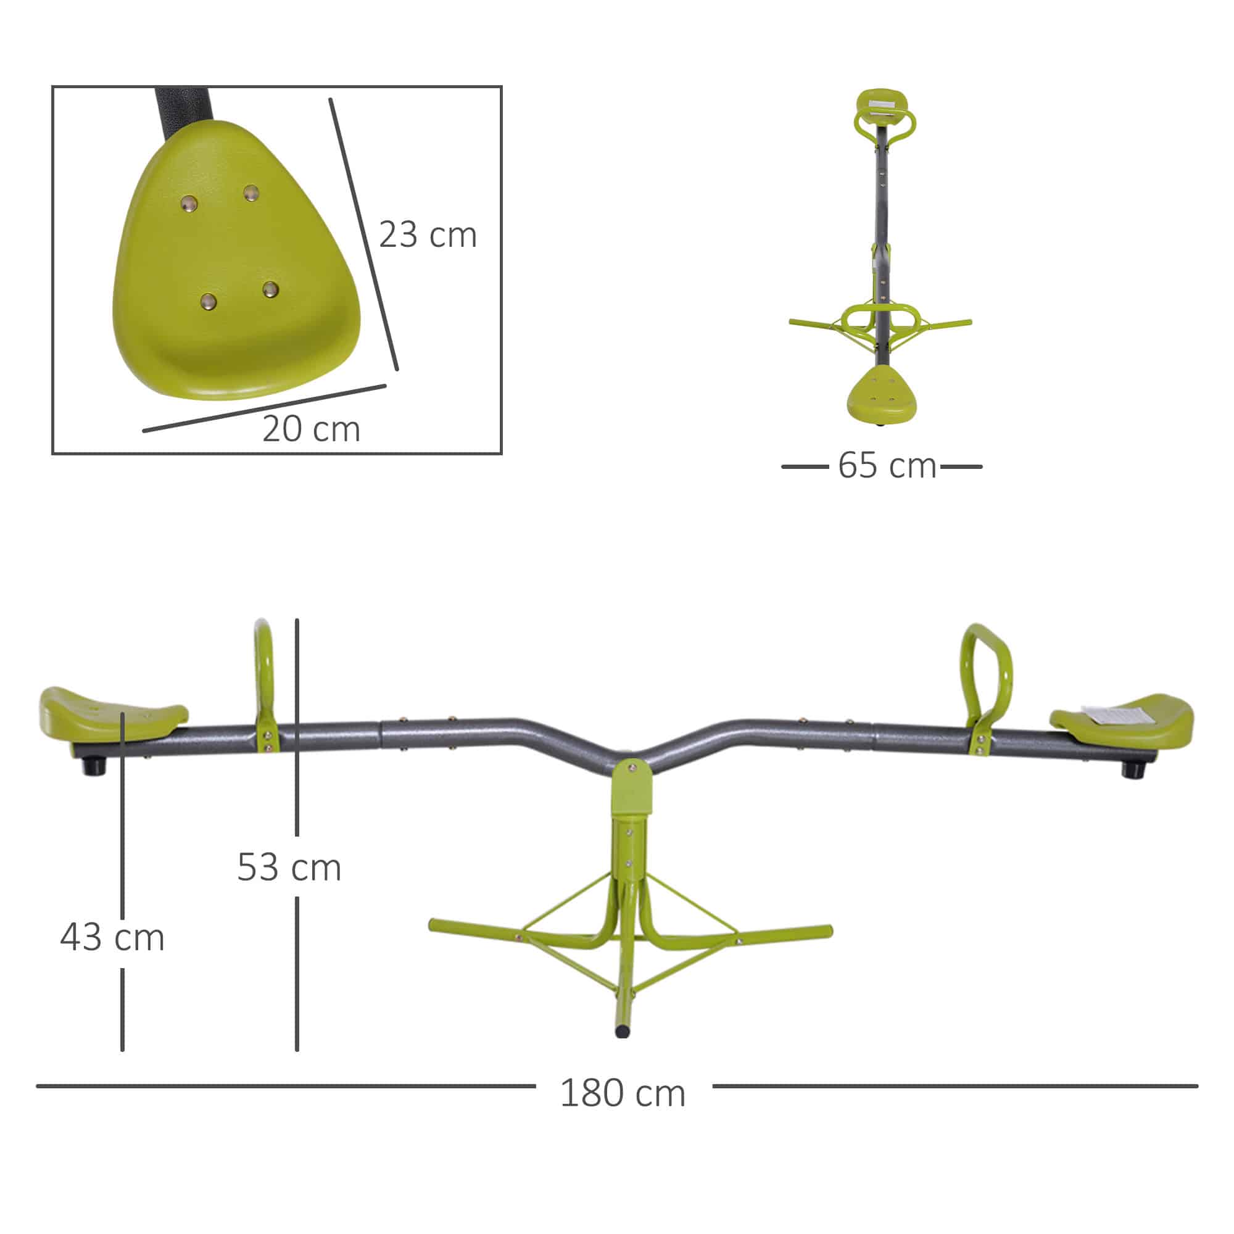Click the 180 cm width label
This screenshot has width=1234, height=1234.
tap(623, 1093)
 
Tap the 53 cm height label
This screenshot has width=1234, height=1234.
tap(289, 868)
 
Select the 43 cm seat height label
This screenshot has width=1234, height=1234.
tap(112, 938)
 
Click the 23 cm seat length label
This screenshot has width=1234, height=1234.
tap(428, 234)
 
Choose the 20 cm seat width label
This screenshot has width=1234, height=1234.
tap(311, 429)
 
